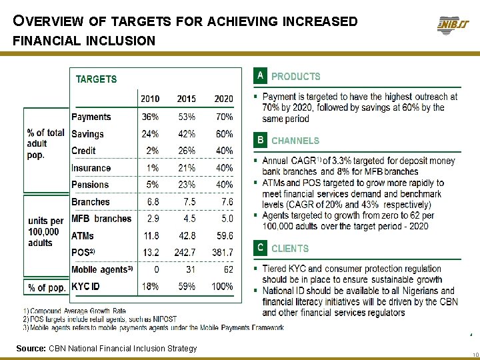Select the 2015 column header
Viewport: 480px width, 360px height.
[x=187, y=99]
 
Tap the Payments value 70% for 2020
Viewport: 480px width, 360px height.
[x=223, y=117]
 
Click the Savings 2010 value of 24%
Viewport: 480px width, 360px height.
[x=150, y=134]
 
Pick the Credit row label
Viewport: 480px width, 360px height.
[x=83, y=151]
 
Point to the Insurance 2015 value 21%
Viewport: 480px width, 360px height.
[x=187, y=168]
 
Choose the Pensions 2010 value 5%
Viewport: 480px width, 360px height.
[x=153, y=185]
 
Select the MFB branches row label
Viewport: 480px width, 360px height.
[x=101, y=219]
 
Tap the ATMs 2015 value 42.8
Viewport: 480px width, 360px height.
[x=186, y=236]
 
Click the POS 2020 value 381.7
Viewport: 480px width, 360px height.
[x=222, y=253]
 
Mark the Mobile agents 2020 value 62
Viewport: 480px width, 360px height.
[x=228, y=269]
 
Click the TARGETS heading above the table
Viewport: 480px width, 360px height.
[x=96, y=79]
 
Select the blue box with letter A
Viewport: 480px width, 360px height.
[x=260, y=76]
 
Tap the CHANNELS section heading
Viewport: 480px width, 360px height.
[x=295, y=141]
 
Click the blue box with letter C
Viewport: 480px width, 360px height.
[x=260, y=248]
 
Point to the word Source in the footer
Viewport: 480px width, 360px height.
[x=31, y=349]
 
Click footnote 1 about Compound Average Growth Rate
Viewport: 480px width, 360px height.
[x=75, y=311]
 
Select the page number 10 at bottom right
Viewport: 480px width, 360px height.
[x=473, y=355]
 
